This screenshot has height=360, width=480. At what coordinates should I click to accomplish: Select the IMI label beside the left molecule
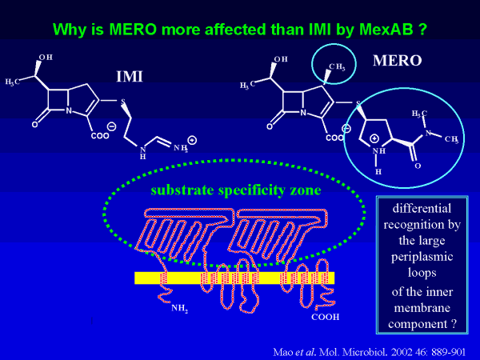(129, 77)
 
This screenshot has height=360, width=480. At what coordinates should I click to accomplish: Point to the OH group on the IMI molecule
(46, 58)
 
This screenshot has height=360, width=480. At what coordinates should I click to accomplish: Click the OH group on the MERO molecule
(280, 59)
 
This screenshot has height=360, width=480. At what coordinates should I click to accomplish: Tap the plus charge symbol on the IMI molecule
(192, 140)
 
